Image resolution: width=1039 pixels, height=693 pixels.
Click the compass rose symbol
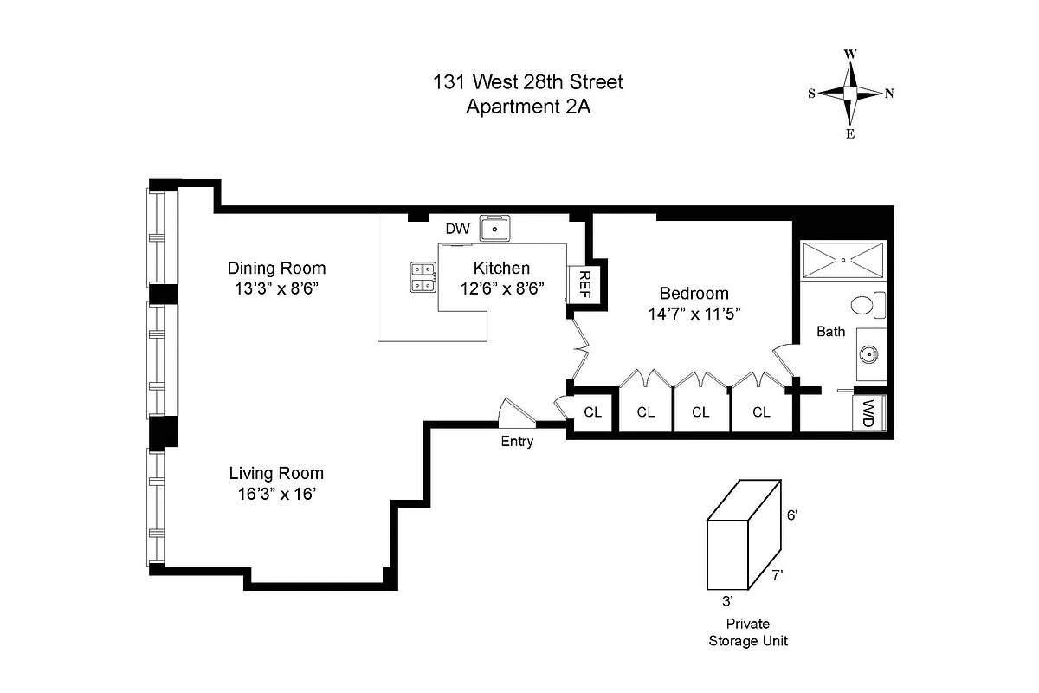851,94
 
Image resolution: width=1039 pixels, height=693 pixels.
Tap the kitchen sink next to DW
497,229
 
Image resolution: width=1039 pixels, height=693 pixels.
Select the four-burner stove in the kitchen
423,276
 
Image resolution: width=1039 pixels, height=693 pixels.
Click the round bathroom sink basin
869,353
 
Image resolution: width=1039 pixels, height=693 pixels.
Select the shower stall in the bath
842,260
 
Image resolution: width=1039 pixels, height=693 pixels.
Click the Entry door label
517,442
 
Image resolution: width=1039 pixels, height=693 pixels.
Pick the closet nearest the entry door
592,411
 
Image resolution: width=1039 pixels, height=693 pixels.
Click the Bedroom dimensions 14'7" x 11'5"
694,314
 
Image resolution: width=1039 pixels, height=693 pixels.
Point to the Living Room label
276,473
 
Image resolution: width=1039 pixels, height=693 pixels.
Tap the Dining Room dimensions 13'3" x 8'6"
276,288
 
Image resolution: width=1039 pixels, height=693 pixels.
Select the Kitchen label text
501,268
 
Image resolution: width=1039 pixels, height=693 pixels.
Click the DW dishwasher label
457,230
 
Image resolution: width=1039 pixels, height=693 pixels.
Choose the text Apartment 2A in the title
527,107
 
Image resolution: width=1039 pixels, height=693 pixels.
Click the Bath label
830,331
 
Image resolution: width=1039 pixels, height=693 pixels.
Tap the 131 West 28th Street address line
527,83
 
